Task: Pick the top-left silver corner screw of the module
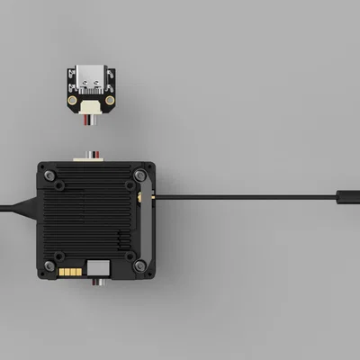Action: [43, 168]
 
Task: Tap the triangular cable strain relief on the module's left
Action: [32, 205]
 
